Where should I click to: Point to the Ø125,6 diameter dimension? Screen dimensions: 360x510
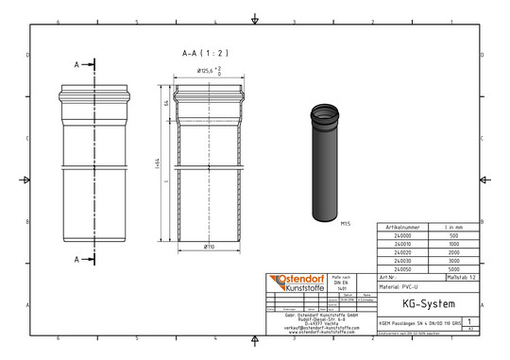[209, 72]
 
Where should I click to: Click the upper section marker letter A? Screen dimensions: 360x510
[76, 64]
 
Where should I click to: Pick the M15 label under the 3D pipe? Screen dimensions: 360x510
[345, 224]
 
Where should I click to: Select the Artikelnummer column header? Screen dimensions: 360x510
[400, 229]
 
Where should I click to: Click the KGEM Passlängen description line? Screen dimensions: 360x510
[420, 323]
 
